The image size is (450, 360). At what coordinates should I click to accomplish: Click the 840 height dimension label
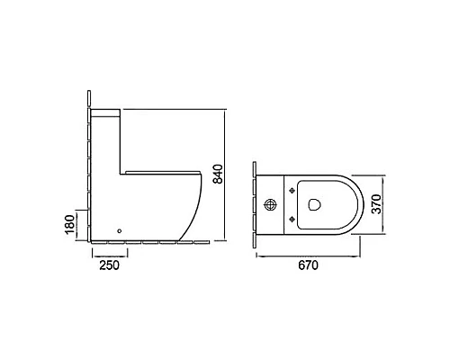point(218,174)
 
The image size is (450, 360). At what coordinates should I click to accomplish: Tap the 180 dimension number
point(69,225)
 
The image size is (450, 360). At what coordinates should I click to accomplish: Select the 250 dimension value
point(110,265)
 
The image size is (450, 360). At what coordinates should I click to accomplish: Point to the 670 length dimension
point(309,265)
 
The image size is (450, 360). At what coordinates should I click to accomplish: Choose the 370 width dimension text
point(376,204)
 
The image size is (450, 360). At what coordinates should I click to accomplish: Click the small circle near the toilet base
point(120,230)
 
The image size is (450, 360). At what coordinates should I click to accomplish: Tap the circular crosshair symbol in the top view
point(270,205)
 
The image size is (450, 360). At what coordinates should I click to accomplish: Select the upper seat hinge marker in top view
point(292,191)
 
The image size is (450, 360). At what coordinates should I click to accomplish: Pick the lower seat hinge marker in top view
point(292,220)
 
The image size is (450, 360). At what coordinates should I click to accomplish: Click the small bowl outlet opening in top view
point(314,204)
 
